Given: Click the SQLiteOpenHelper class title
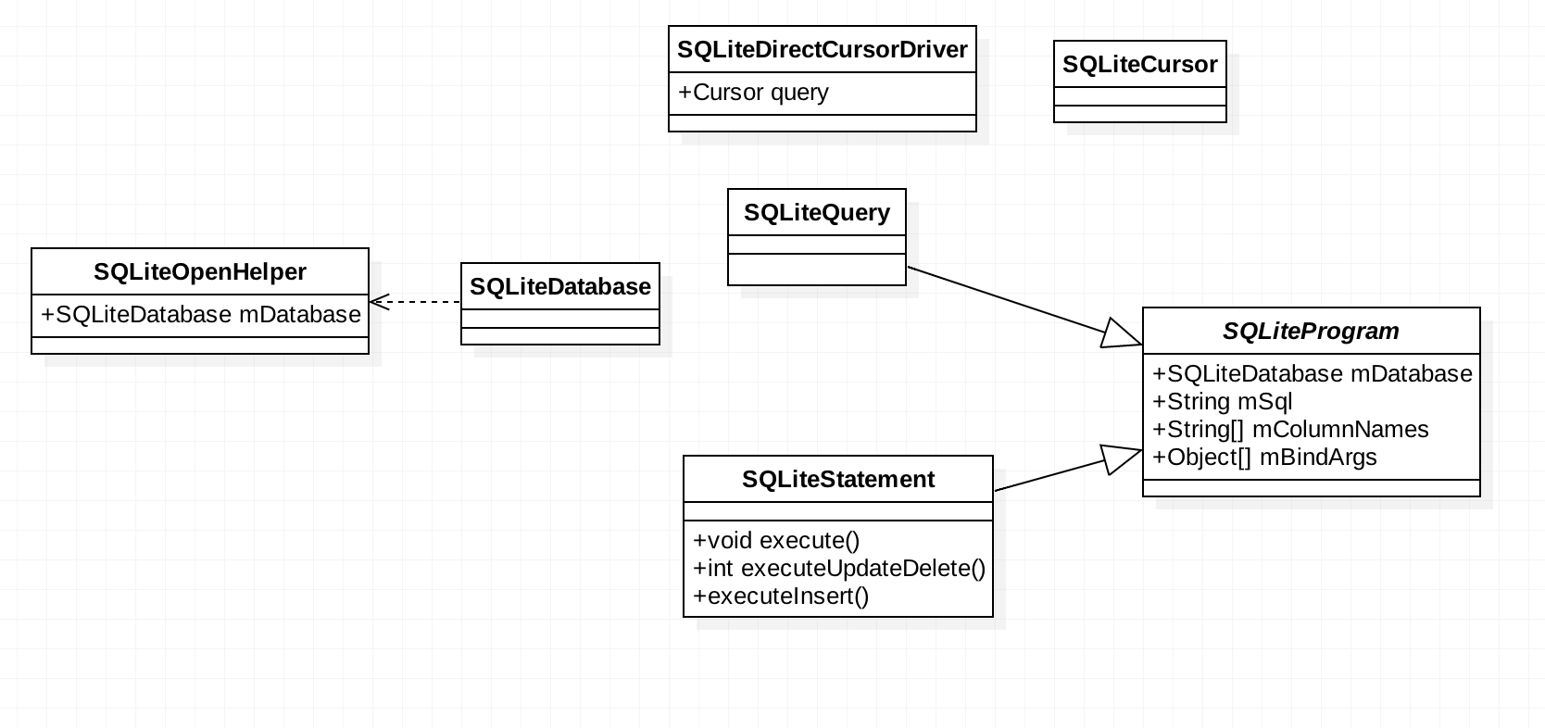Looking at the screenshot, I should click(x=200, y=272).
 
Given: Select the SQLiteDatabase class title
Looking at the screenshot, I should click(x=559, y=287).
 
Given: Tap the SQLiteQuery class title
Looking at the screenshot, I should click(x=816, y=213).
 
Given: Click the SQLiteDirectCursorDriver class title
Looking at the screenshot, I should click(x=822, y=50).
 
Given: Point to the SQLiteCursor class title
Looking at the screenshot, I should click(x=1139, y=65).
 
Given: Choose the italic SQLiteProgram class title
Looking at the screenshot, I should click(x=1311, y=332).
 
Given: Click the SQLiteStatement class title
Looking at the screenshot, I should click(x=837, y=480).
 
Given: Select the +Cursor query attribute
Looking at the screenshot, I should click(x=753, y=93).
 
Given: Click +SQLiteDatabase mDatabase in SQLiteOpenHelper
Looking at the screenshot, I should click(x=200, y=315).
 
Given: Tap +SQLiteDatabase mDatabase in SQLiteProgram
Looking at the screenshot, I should click(x=1312, y=374).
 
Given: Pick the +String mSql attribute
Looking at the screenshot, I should click(x=1222, y=402).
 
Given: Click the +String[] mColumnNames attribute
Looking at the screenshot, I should click(x=1290, y=430).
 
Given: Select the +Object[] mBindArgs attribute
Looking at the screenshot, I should click(x=1264, y=458).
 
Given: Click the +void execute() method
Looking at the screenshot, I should click(x=776, y=541).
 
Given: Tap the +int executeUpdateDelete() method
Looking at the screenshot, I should click(x=838, y=569).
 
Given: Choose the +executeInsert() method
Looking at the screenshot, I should click(x=781, y=596).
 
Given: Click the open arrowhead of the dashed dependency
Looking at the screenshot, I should click(x=378, y=302).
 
